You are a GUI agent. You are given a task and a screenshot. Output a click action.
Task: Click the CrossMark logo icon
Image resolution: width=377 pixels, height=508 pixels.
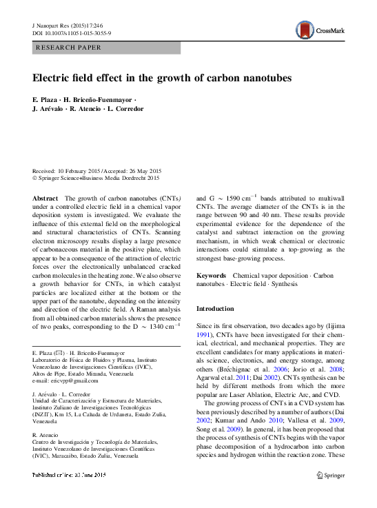pos(304,30)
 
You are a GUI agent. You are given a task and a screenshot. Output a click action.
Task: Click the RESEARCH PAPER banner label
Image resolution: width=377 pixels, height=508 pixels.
pos(68,48)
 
